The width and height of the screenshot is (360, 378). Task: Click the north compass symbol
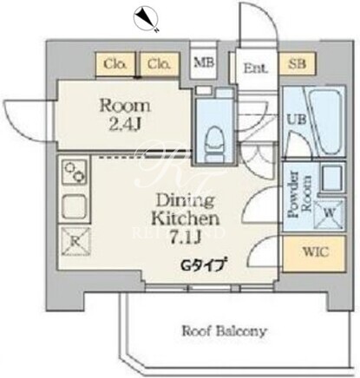click(x=146, y=18)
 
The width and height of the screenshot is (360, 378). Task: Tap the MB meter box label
click(x=204, y=62)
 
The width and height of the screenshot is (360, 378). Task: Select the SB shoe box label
click(x=297, y=63)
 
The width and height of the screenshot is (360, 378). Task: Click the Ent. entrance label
click(x=256, y=68)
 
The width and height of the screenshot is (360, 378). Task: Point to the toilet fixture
click(x=214, y=143)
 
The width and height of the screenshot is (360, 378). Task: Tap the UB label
click(x=296, y=119)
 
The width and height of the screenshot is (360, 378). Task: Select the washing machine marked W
click(x=329, y=213)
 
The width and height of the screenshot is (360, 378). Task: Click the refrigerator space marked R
click(x=76, y=241)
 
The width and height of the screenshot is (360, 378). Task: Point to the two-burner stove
click(x=75, y=172)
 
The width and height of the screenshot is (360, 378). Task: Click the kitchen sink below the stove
click(x=75, y=206)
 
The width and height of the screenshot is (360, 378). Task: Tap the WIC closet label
click(x=316, y=252)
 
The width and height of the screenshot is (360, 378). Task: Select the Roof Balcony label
click(x=224, y=331)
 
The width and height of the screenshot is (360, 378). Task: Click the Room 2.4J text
click(x=125, y=115)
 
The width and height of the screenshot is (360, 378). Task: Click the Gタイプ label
click(x=202, y=265)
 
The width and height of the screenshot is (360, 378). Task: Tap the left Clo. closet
click(x=115, y=63)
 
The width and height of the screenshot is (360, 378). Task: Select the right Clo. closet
click(x=159, y=63)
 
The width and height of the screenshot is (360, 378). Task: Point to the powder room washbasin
click(x=332, y=177)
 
